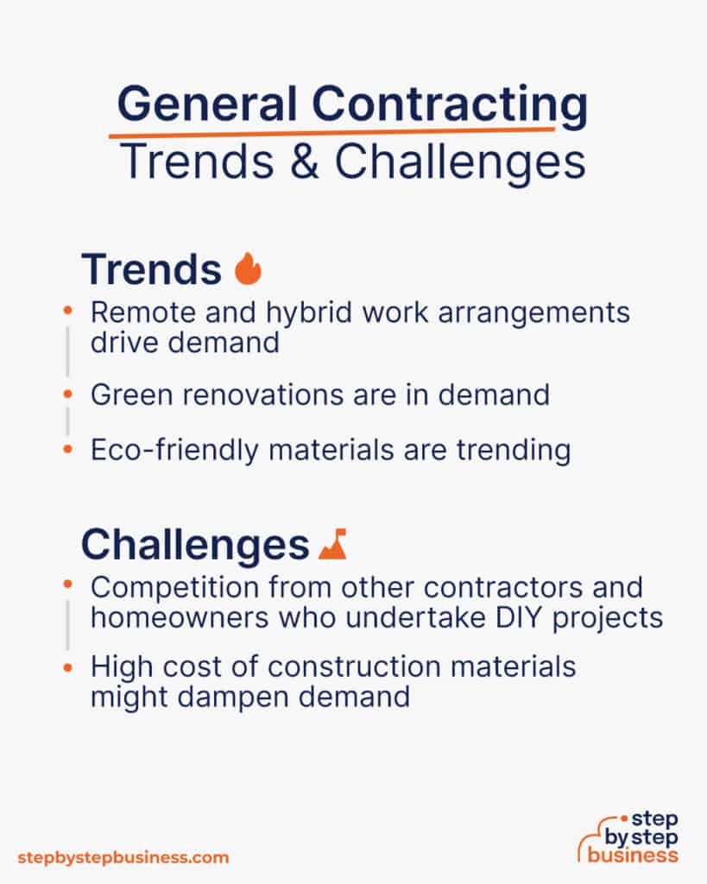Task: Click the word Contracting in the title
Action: click(x=449, y=105)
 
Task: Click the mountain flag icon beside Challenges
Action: click(x=331, y=544)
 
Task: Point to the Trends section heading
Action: click(x=151, y=269)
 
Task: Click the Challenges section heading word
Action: click(x=194, y=545)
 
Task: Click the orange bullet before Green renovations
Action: click(x=67, y=394)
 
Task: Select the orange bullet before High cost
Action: click(x=67, y=666)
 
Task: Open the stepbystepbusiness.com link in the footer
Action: click(x=123, y=857)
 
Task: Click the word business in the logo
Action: click(x=633, y=856)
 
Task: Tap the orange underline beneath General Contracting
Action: click(x=332, y=132)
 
